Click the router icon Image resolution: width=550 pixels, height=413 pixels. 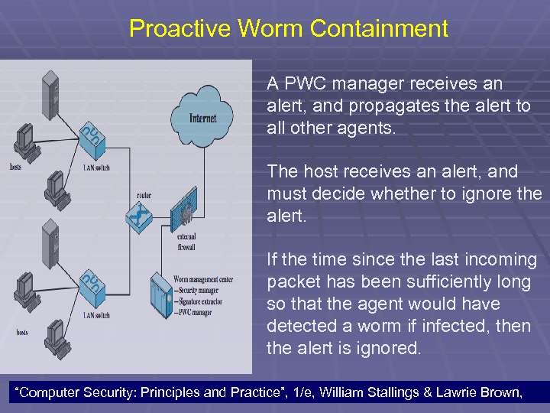(x=139, y=218)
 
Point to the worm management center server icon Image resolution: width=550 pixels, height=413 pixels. (x=161, y=291)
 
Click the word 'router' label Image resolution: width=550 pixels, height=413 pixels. (x=142, y=196)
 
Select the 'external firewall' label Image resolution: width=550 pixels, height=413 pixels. (x=186, y=242)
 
